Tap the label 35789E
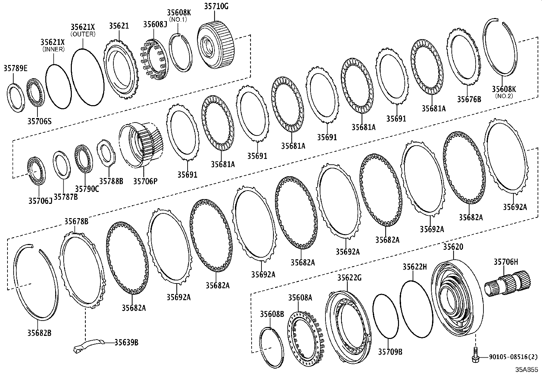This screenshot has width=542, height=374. point(16,68)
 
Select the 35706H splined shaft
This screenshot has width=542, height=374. point(508,284)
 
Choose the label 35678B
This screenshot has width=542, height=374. point(76,222)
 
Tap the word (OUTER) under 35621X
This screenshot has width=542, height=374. point(83,34)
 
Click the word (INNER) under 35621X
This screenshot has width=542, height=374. point(53,49)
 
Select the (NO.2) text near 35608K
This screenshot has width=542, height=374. point(504,96)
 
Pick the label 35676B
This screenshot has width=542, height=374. point(469,99)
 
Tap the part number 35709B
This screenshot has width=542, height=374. point(390,351)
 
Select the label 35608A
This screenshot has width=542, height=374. point(300,298)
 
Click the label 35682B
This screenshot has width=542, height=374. point(39,332)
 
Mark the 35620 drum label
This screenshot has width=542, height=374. point(453,247)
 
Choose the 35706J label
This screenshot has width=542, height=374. point(40,201)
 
